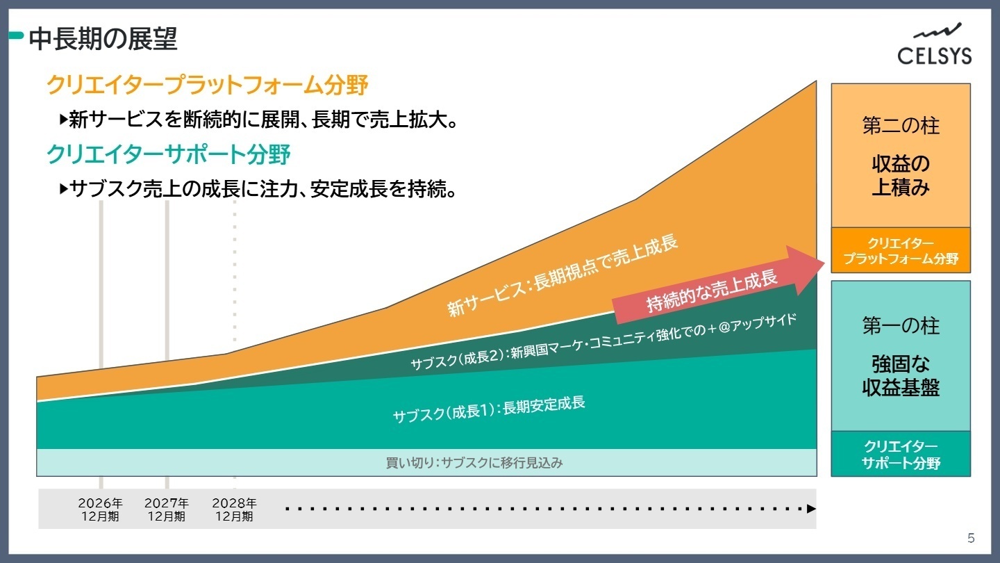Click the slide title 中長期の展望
coord(103,39)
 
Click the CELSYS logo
coord(934,45)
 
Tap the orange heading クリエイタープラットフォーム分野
coord(207,85)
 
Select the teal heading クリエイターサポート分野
coord(168,154)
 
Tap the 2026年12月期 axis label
coord(100,509)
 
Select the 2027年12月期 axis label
coord(167,509)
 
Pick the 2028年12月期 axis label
coord(234,509)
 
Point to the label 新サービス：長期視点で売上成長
coord(562,276)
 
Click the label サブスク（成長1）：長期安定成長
coord(488,409)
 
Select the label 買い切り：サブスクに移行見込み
coord(474,463)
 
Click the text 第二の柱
coord(901,126)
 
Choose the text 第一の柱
coord(901,325)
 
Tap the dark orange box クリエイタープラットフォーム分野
coord(901,251)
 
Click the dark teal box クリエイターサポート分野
coord(901,455)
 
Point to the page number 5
coord(971,538)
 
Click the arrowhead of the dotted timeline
coord(811,509)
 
